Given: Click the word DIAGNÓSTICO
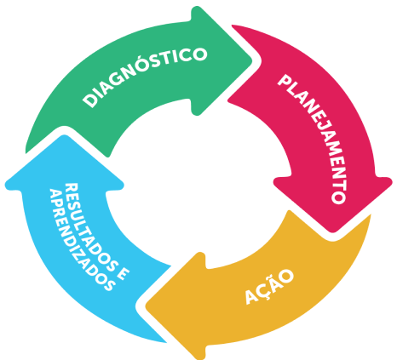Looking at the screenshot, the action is click(x=145, y=74).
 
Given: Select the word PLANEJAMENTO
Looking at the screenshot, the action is click(x=313, y=139).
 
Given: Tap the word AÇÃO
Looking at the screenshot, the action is click(x=269, y=286).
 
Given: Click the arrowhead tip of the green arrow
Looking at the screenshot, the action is click(x=252, y=60).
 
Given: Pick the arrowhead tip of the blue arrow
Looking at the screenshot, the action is click(x=64, y=135).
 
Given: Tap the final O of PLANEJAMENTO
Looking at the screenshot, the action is click(x=339, y=197).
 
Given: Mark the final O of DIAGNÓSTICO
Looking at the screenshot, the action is click(x=198, y=54).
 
